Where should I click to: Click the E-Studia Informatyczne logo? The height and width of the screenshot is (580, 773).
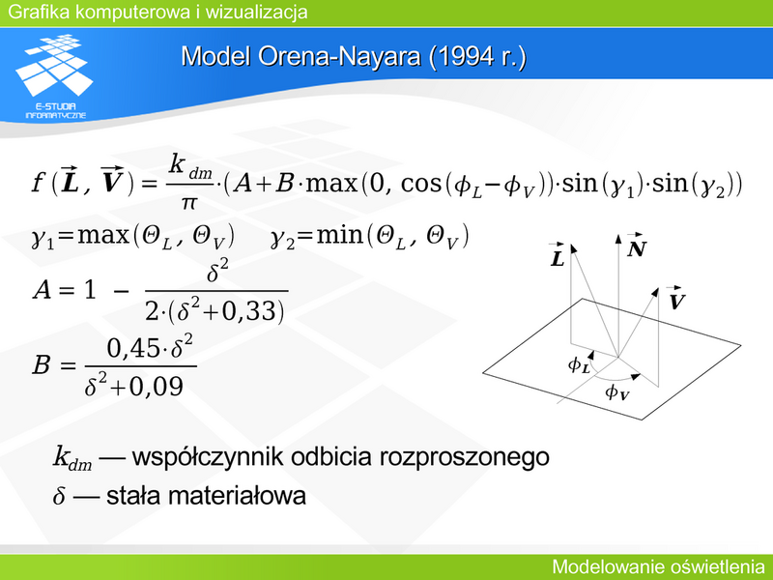[x=54, y=76]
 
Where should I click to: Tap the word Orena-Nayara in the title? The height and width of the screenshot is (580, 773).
[x=339, y=57]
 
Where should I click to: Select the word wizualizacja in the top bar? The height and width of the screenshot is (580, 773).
[x=256, y=12]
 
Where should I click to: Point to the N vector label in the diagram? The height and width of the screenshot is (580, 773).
[x=636, y=246]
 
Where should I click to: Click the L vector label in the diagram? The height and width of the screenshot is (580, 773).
[x=558, y=255]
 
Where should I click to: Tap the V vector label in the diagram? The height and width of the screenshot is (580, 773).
[x=676, y=298]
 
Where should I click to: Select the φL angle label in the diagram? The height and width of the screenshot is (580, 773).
[x=579, y=365]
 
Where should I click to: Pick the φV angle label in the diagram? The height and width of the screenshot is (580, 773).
[x=616, y=392]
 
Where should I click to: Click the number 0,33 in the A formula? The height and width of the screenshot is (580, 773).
[x=249, y=311]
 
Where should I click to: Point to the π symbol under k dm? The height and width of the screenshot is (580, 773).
[x=188, y=202]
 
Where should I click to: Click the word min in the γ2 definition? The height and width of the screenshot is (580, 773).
[x=339, y=235]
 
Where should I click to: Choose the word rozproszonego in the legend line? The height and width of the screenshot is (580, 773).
[x=464, y=457]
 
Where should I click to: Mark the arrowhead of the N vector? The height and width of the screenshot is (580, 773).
[x=618, y=239]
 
